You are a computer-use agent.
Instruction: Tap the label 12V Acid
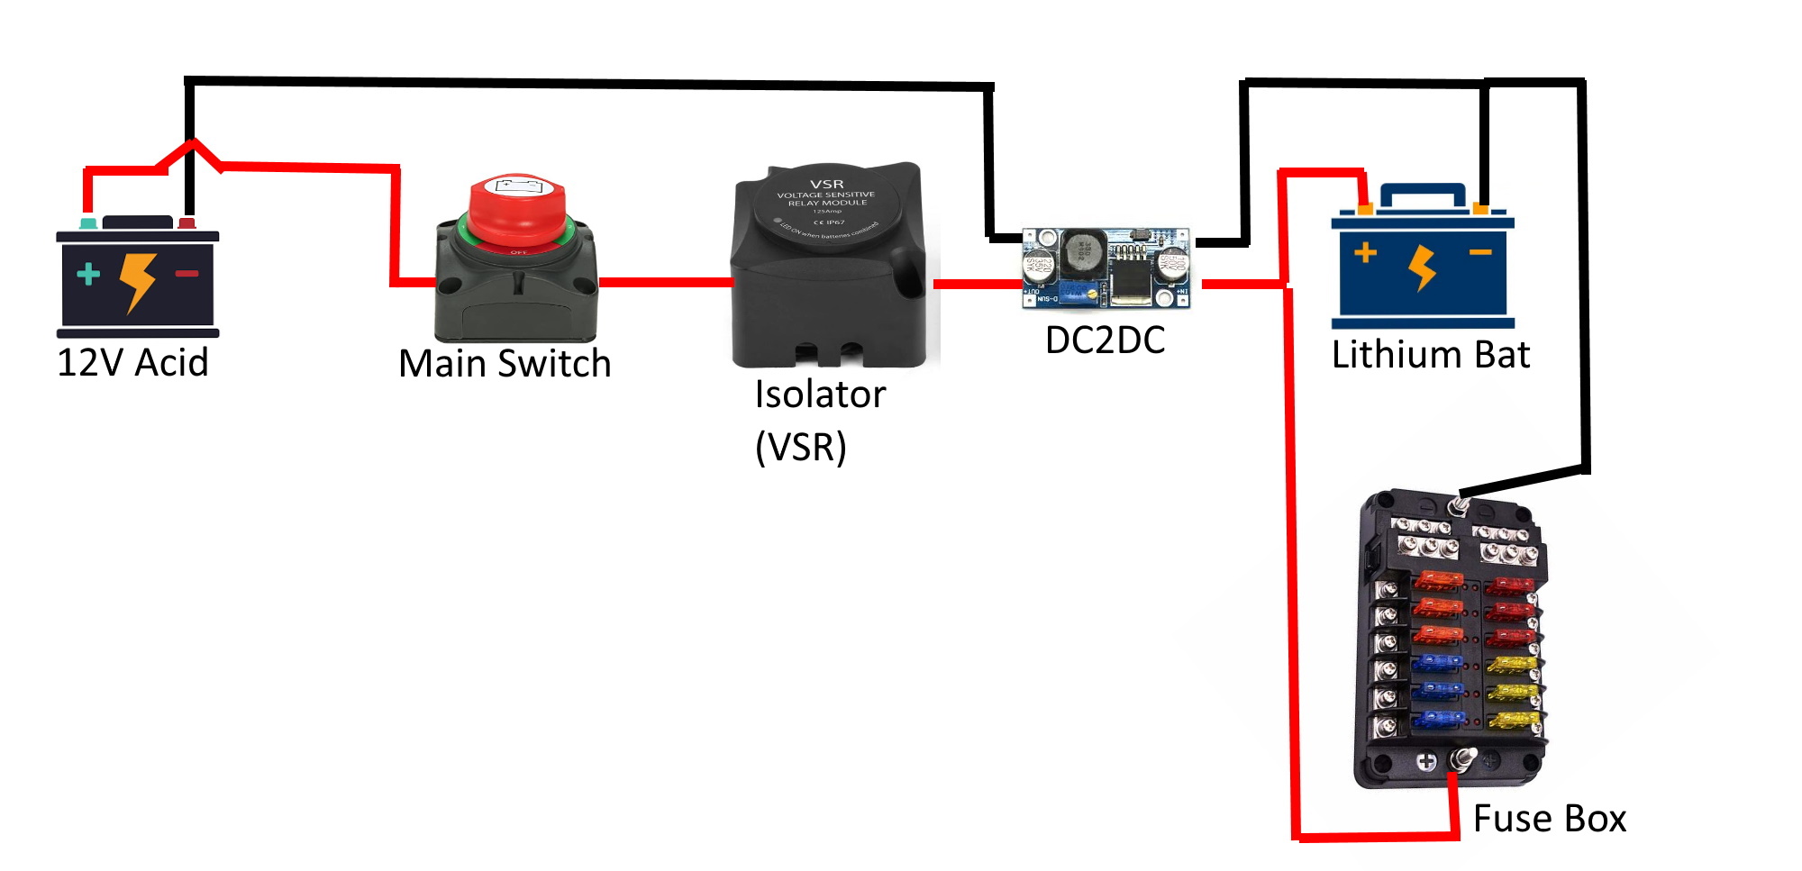click(132, 362)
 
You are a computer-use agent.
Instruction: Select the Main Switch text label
click(505, 363)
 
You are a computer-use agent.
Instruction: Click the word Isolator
click(820, 394)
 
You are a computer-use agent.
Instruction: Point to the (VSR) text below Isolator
click(800, 446)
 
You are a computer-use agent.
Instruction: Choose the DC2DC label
click(1105, 340)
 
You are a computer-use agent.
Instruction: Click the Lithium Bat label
click(1430, 354)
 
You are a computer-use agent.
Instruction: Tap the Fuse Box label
click(1549, 818)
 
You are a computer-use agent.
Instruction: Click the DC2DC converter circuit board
click(1106, 267)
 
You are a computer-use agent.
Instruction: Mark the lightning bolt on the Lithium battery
click(1422, 267)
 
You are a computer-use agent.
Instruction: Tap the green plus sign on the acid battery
click(88, 274)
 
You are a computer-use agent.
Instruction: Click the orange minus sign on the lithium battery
click(1479, 252)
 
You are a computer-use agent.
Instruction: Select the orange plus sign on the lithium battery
click(1365, 252)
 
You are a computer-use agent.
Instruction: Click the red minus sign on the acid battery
click(187, 273)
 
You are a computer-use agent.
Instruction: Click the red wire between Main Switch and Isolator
click(665, 283)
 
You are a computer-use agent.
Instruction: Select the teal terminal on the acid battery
click(88, 222)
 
